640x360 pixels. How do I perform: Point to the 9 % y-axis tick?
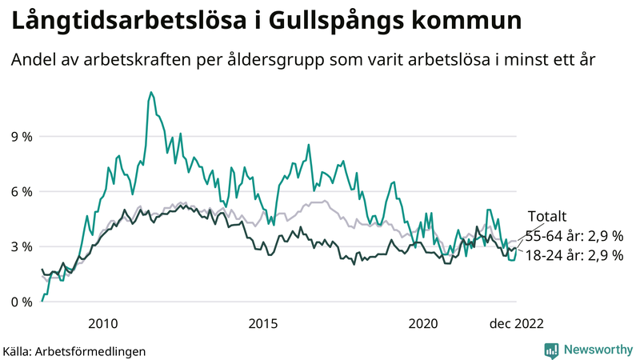22,136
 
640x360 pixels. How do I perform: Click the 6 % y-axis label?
22,191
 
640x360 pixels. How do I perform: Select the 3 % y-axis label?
22,246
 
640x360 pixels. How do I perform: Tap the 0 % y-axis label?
22,302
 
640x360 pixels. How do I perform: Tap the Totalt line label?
546,216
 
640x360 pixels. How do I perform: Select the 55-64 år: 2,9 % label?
574,236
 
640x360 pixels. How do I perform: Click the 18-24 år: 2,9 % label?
574,255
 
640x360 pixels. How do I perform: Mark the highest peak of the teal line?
150,93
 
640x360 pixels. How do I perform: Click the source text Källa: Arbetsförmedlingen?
74,350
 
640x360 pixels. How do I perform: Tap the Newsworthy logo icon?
551,350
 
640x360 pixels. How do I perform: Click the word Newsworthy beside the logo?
596,350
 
